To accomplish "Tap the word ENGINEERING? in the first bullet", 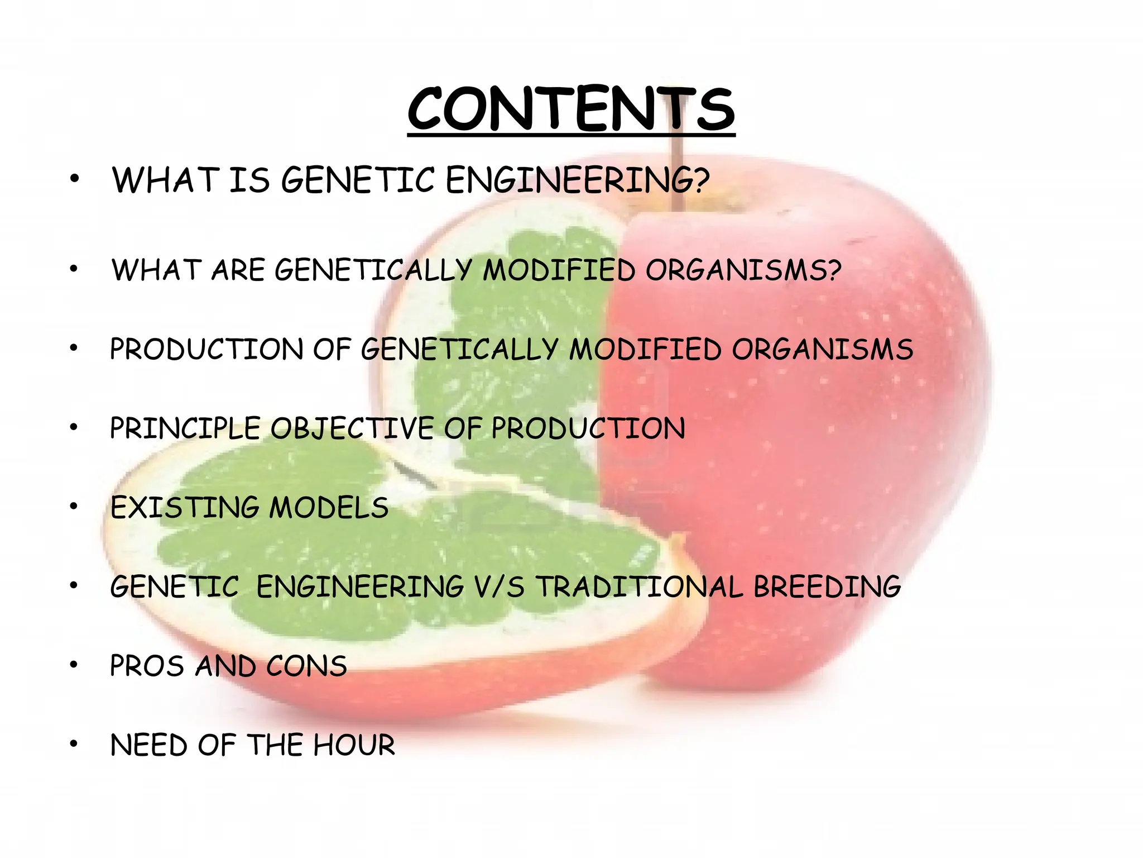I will pyautogui.click(x=577, y=180).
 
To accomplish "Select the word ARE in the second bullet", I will pyautogui.click(x=238, y=270).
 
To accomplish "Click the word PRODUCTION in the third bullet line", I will pyautogui.click(x=206, y=350).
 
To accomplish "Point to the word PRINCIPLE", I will pyautogui.click(x=185, y=429).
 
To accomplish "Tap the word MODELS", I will pyautogui.click(x=329, y=508).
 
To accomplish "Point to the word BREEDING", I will pyautogui.click(x=827, y=587).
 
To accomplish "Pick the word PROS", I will pyautogui.click(x=147, y=666).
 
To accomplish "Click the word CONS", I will pyautogui.click(x=306, y=666).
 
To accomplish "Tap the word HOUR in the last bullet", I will pyautogui.click(x=354, y=746).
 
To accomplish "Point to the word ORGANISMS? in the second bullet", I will pyautogui.click(x=743, y=270).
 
